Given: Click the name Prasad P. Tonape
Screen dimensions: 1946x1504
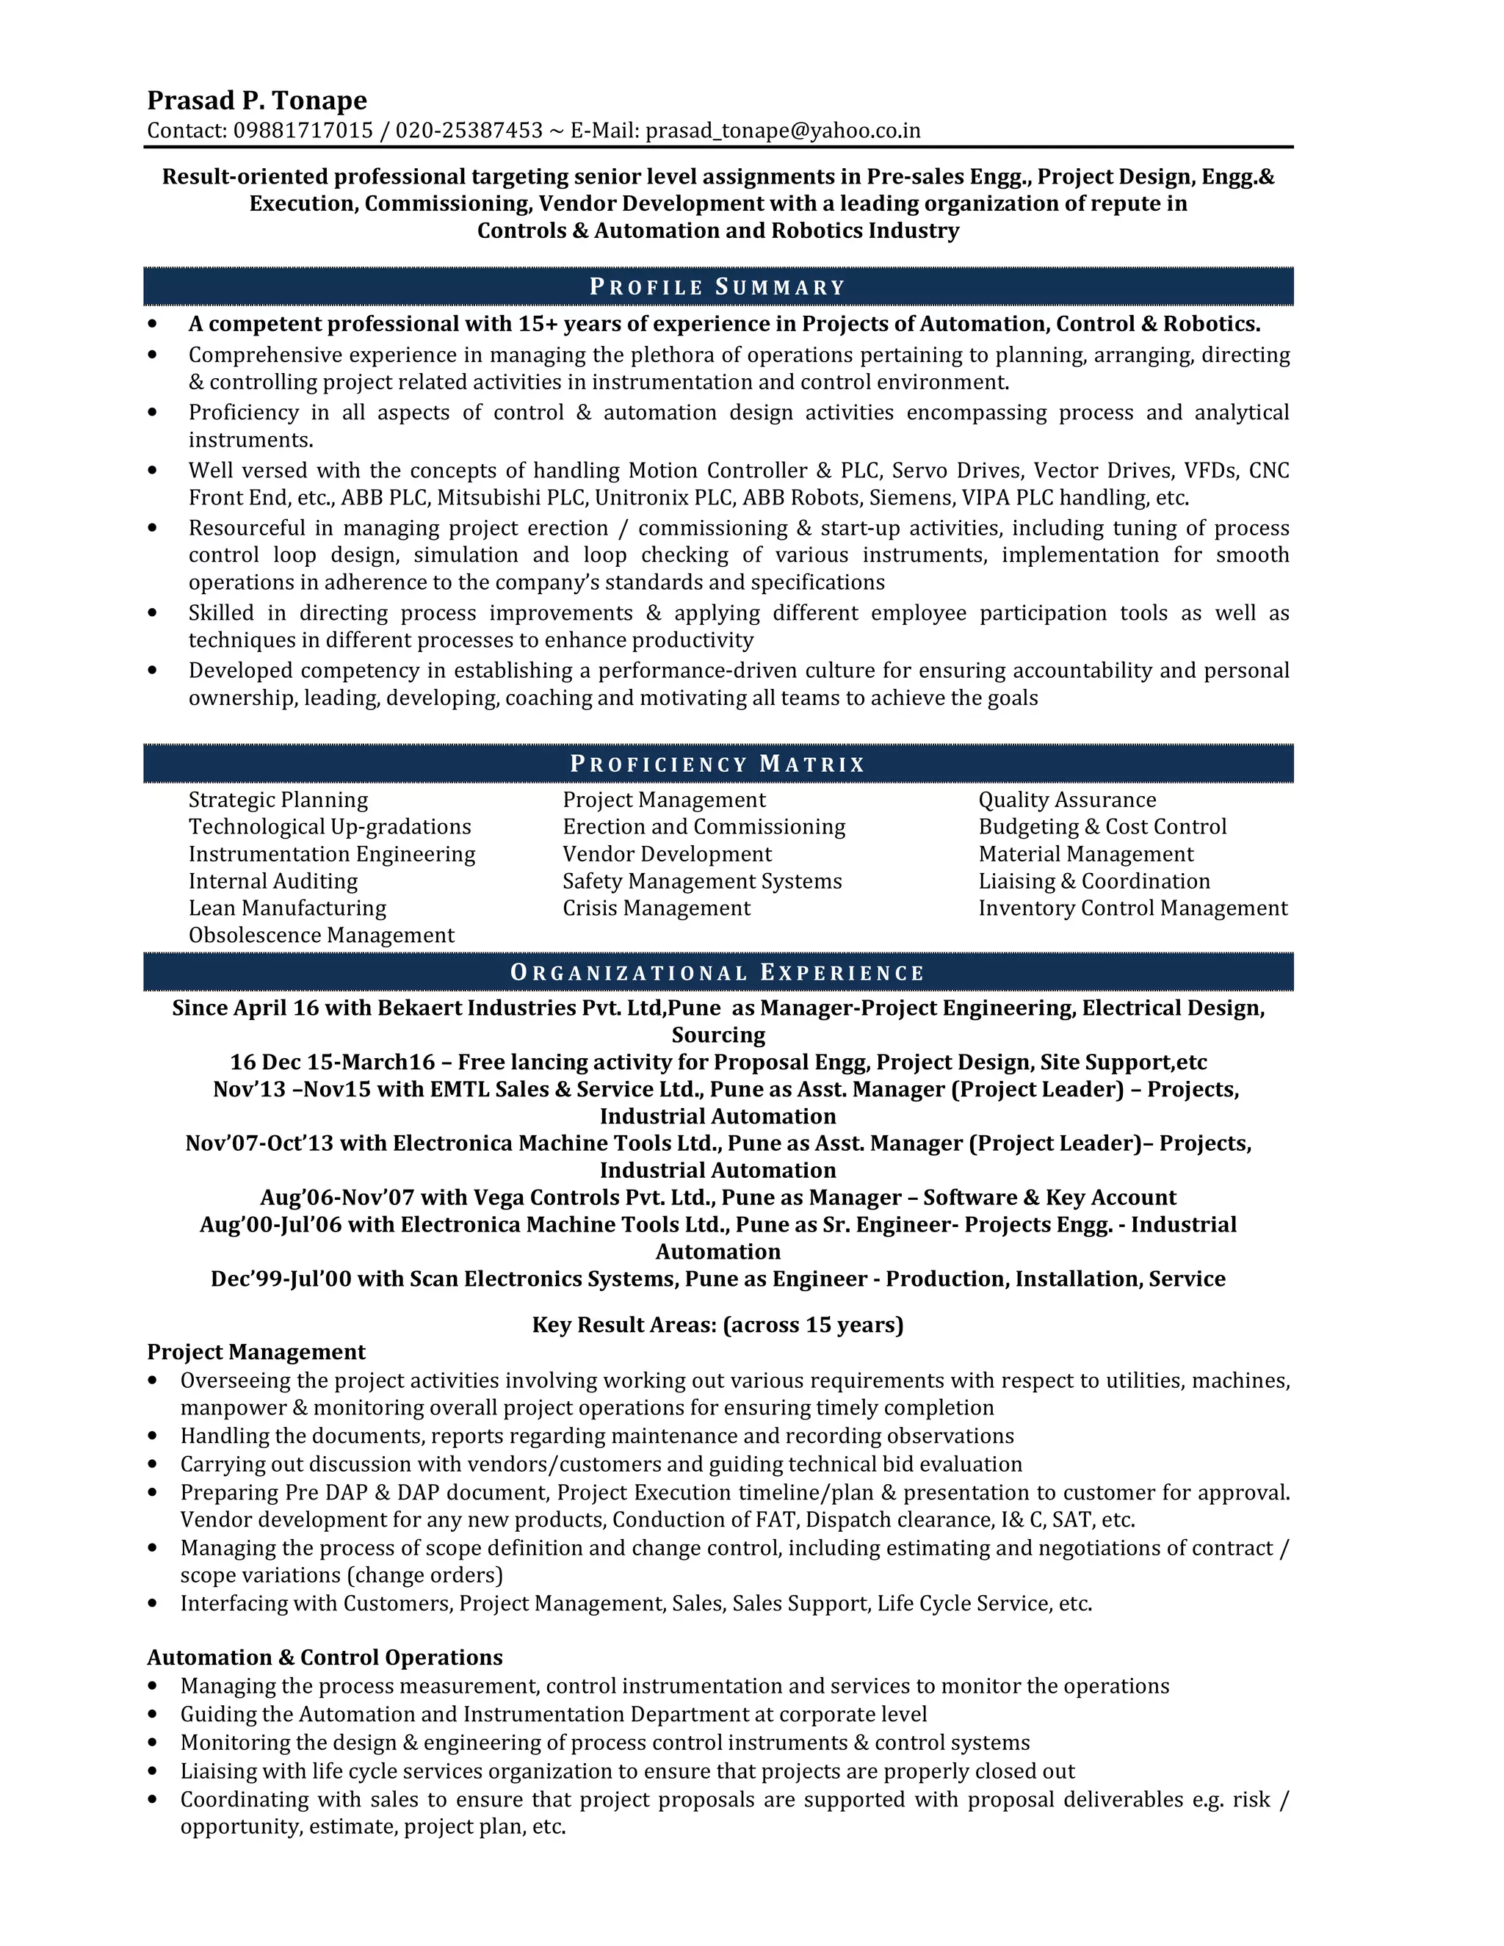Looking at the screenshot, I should pos(256,100).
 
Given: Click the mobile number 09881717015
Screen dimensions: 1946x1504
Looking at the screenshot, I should pos(303,131).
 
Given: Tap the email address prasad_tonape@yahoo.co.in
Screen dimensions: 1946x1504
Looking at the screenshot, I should pos(782,131).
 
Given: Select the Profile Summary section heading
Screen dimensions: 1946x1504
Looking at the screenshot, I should pos(717,287).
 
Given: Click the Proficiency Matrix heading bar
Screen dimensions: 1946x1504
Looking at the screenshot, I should pos(717,764).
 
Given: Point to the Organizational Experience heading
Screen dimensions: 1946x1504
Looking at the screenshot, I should pos(717,972).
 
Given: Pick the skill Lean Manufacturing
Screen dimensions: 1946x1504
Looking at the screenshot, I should pos(287,908).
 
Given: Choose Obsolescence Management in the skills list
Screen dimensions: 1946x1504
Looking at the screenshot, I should pos(321,936).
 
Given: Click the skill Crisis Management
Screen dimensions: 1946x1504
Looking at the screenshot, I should pos(656,908).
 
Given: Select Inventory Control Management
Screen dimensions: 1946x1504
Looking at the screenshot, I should pos(1132,908).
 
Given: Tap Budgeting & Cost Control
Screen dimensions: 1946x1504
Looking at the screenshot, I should pos(1102,827).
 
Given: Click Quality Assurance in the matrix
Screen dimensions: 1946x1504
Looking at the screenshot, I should pos(1066,800).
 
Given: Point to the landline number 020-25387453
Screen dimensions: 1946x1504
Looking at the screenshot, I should pos(469,131).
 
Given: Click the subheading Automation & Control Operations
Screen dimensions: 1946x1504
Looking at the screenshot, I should pos(325,1657).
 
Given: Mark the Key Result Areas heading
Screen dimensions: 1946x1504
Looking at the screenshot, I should pos(717,1325).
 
